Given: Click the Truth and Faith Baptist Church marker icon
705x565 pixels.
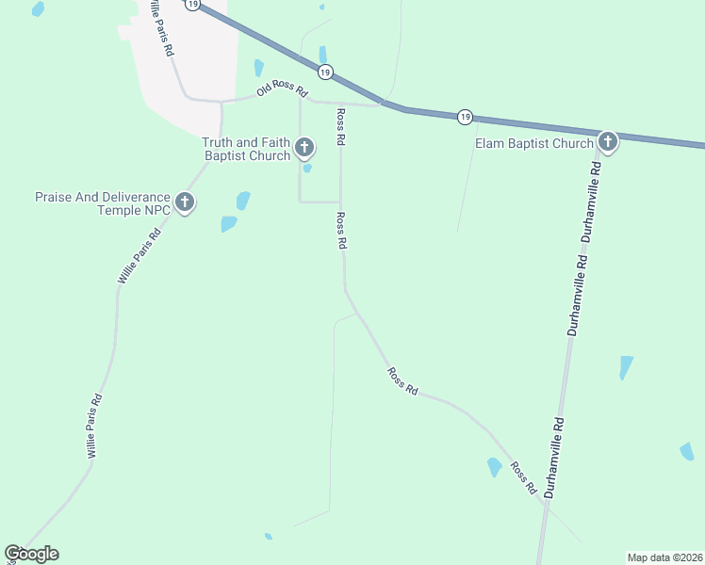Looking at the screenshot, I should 303,147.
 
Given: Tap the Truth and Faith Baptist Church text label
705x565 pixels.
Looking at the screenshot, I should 246,149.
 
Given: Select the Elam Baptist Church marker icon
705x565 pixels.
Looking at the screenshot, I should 607,143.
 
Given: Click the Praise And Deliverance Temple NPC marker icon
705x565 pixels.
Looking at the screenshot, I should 185,202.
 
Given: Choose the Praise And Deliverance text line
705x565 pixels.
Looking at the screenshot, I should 102,197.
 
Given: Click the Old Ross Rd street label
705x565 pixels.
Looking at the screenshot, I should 283,91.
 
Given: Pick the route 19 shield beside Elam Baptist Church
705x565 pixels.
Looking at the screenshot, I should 465,116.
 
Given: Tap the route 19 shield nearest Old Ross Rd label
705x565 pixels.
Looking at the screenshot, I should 324,73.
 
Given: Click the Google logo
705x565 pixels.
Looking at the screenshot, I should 31,554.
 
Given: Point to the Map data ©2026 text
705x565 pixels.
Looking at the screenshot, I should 664,557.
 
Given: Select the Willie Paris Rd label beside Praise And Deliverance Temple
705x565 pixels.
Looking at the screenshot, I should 139,253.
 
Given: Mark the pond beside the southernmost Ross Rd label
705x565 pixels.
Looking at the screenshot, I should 494,466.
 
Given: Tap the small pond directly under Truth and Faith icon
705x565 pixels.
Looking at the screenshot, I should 307,169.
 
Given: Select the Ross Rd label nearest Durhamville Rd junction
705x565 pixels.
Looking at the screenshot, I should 524,478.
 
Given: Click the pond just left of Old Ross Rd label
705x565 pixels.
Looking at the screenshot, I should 258,68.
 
